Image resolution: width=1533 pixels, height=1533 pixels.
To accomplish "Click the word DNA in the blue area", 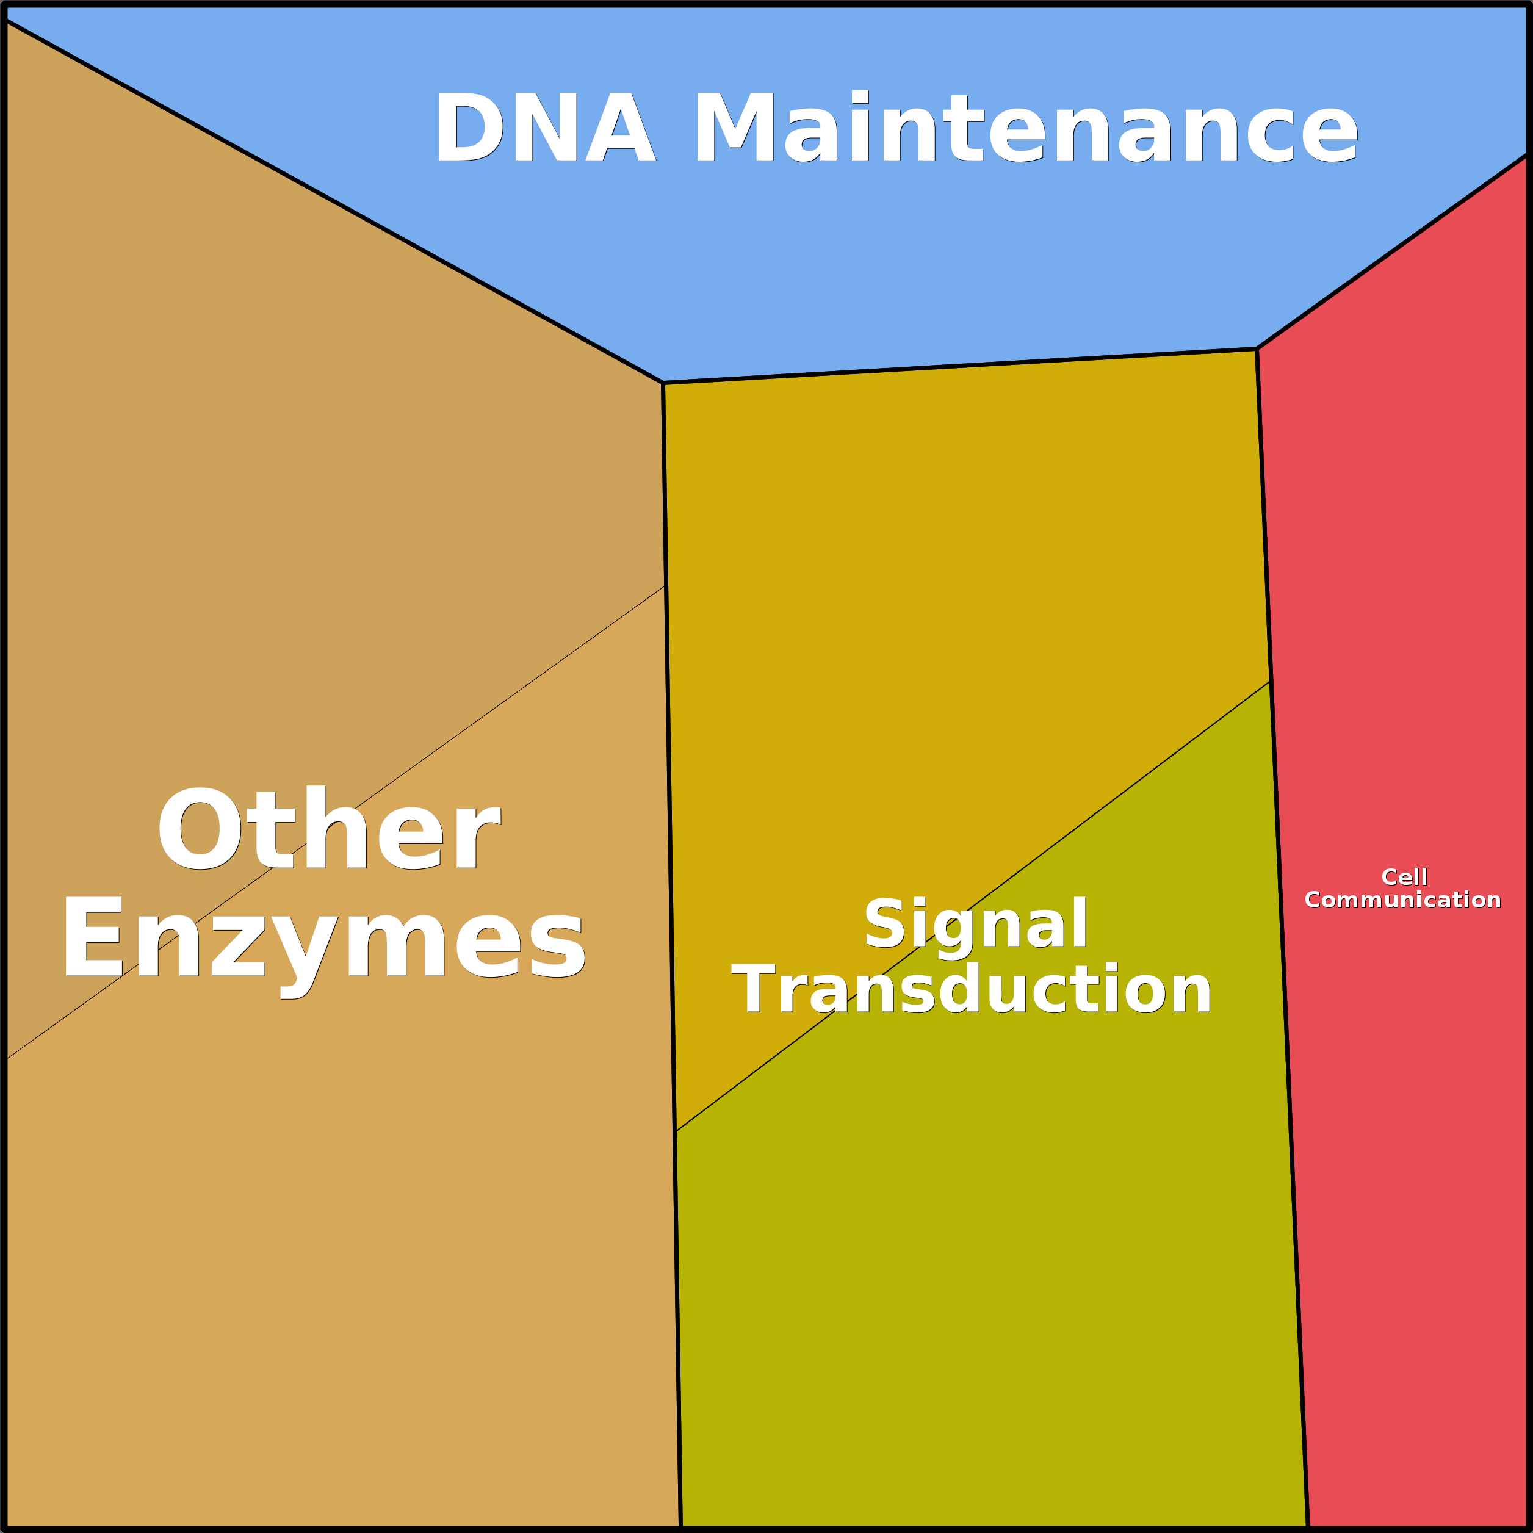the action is (545, 127).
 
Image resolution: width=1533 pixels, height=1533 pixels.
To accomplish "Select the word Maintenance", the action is (1026, 127).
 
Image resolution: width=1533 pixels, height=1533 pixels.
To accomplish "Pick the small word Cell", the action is (1404, 877).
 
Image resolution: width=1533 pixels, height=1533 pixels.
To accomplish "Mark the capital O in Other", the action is (199, 828).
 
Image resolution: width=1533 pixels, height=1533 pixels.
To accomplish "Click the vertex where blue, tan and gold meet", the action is (663, 383).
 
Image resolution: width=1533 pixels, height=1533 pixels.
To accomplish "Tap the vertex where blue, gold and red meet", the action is (1257, 348).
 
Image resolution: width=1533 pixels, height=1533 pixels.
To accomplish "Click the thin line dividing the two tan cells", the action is (336, 822).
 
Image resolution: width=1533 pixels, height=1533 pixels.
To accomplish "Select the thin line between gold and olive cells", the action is (973, 906).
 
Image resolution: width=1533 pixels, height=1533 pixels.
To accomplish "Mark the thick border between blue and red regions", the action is (1393, 251).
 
